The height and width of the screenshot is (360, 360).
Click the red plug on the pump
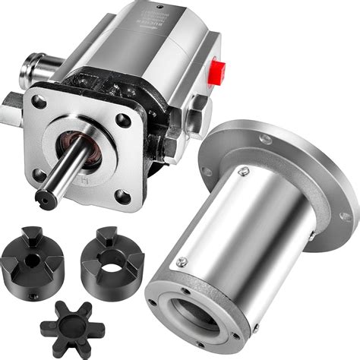(x=217, y=72)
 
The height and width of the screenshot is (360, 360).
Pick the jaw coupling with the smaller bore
(x=31, y=258)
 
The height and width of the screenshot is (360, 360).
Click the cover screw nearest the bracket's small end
(x=182, y=263)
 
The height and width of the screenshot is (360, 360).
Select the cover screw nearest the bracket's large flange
(x=243, y=172)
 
